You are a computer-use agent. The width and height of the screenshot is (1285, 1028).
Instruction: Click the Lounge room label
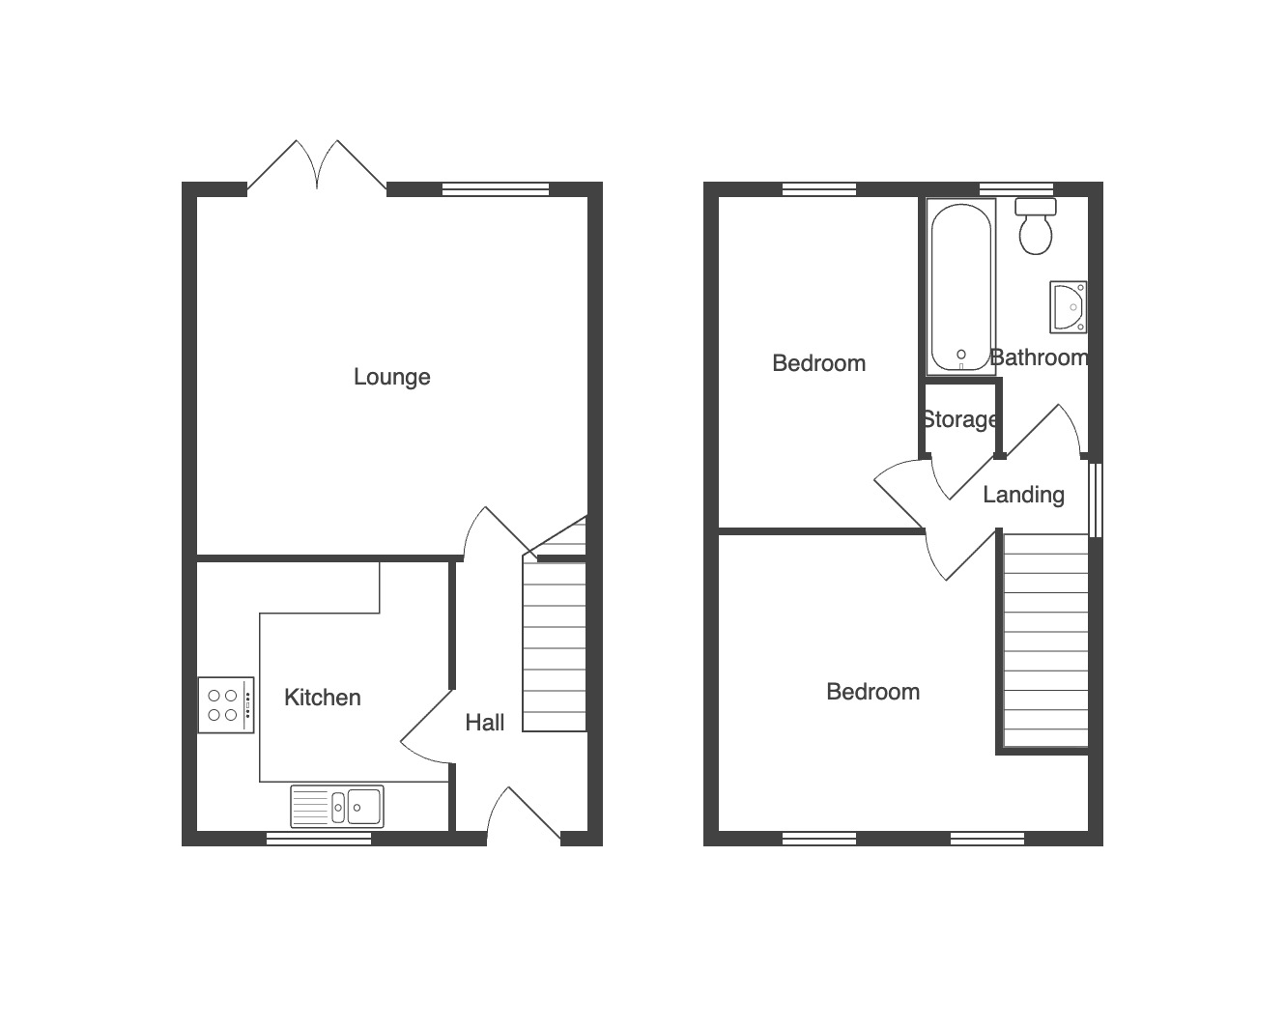(x=391, y=377)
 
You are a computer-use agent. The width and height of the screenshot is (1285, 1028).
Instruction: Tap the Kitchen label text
(x=323, y=698)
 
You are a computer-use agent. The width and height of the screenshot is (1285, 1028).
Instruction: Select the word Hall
(x=485, y=723)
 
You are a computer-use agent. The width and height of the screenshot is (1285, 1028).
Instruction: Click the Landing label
(x=1023, y=496)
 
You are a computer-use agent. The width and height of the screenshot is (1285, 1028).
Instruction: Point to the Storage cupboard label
(x=959, y=419)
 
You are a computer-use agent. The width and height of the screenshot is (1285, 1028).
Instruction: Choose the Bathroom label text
(x=1039, y=357)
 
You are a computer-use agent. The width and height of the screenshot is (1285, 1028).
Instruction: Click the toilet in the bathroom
(x=1036, y=226)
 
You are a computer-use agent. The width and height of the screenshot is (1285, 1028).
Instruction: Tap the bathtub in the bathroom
(x=960, y=287)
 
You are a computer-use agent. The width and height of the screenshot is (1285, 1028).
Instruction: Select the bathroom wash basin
(x=1069, y=307)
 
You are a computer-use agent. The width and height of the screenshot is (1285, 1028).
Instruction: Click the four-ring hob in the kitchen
(x=226, y=705)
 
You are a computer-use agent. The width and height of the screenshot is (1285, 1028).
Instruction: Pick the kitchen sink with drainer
(x=337, y=807)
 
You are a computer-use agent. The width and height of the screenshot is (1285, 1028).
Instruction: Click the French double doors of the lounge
(x=317, y=165)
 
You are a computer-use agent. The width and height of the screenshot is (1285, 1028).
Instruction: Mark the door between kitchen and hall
(x=426, y=727)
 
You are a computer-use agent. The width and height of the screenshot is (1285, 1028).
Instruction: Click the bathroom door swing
(x=1042, y=431)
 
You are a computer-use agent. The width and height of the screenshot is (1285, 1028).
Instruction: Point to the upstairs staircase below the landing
(x=1045, y=640)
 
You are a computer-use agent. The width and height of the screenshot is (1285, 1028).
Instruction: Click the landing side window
(x=1095, y=500)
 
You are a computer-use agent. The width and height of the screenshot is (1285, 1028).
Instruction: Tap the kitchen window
(x=319, y=840)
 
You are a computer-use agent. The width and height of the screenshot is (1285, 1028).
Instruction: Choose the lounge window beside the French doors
(x=495, y=189)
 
